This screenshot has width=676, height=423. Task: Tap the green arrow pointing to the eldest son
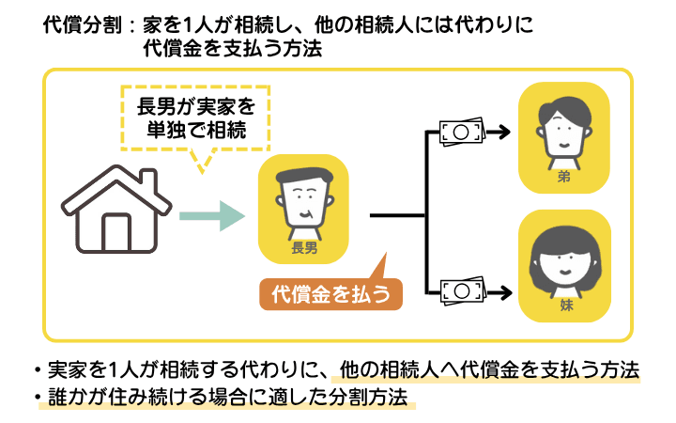[x=211, y=217]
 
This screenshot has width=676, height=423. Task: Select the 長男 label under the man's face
[x=304, y=248]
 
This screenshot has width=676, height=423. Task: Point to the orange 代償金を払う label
[x=330, y=294]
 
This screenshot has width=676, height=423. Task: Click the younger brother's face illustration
[x=564, y=131]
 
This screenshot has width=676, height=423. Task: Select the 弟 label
[x=564, y=175]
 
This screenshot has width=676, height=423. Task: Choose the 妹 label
[x=564, y=305]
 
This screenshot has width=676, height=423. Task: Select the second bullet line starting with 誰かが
[x=225, y=397]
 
